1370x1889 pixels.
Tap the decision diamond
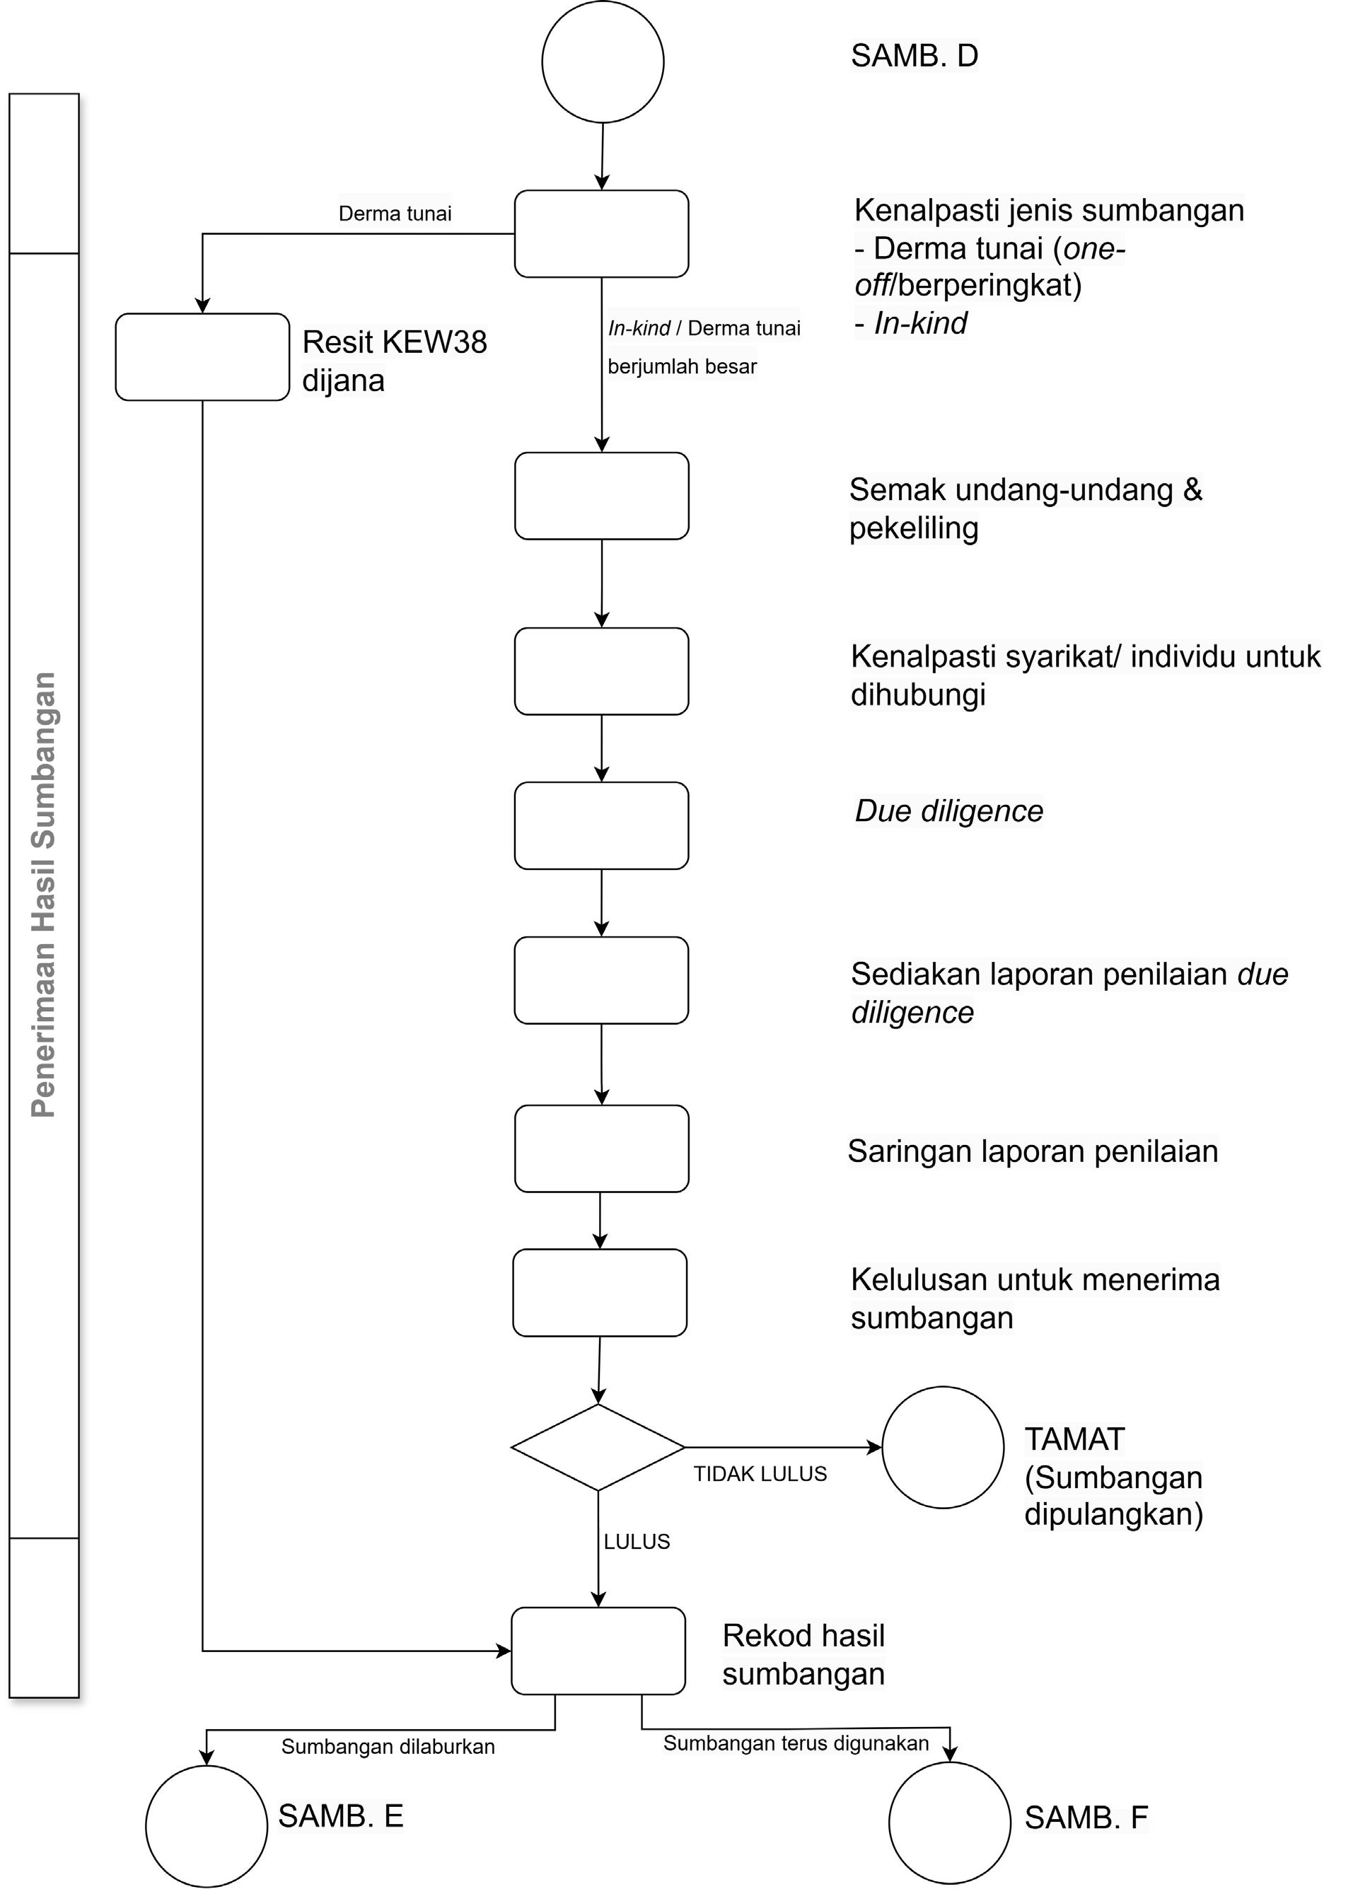[598, 1447]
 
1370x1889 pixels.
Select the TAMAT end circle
[943, 1447]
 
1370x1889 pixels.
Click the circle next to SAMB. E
[207, 1825]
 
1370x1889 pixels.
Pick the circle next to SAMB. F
[949, 1823]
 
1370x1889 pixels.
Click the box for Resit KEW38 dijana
[202, 357]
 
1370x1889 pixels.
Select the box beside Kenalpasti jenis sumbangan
[601, 234]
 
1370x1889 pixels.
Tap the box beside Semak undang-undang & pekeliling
[601, 496]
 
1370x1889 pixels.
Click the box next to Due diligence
[601, 825]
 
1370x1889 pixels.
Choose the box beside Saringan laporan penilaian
[601, 1149]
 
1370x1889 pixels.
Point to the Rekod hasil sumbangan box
[598, 1650]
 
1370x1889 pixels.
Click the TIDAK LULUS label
[760, 1475]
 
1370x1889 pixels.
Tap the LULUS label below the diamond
[637, 1542]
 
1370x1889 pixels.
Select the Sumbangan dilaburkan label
[388, 1747]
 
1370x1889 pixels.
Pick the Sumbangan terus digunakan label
[796, 1743]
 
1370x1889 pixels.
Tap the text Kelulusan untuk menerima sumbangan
[1034, 1298]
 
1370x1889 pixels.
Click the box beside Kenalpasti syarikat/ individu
[601, 671]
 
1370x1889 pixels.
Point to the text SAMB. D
[914, 56]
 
